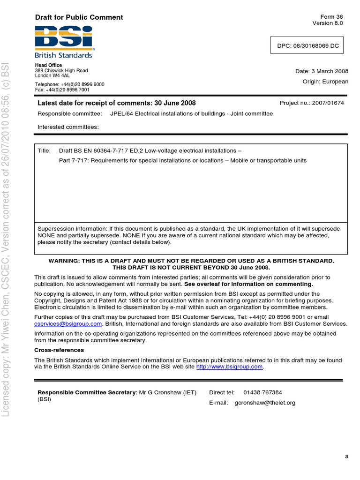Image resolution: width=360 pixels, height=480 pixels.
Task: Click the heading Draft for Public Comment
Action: click(79, 17)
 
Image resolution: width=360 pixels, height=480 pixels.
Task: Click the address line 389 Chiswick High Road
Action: click(61, 71)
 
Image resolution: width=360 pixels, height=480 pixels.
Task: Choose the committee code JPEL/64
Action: click(121, 114)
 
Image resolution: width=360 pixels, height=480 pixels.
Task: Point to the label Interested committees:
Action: click(68, 127)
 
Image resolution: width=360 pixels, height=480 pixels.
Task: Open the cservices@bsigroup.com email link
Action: click(68, 324)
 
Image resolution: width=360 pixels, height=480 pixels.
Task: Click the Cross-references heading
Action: click(59, 350)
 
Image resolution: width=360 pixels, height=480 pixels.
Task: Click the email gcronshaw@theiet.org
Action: click(265, 403)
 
